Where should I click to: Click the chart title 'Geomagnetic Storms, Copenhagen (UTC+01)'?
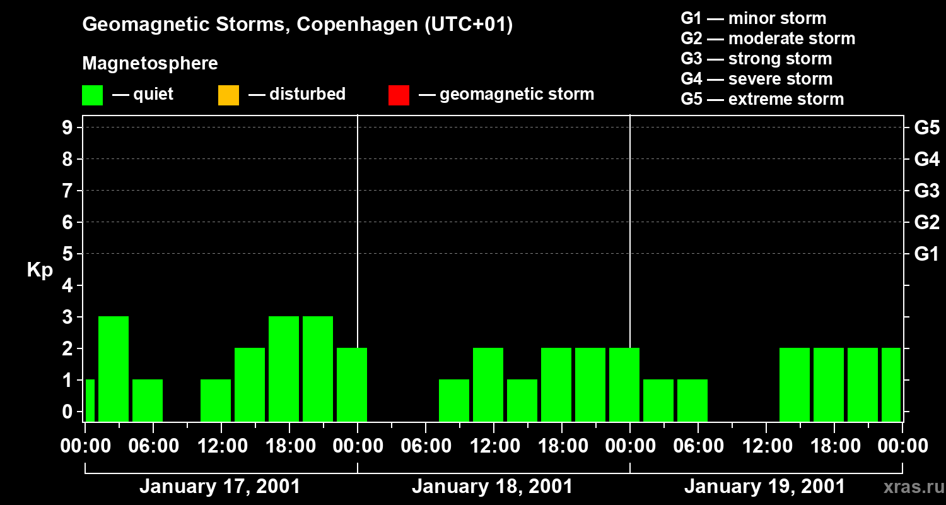point(297,25)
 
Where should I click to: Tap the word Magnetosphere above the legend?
point(150,64)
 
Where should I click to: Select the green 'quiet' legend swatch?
point(92,95)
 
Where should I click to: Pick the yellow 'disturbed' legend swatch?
point(228,95)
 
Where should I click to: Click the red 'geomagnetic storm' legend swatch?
point(399,95)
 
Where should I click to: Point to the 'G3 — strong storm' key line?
point(756,59)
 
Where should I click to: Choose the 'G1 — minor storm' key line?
point(753,18)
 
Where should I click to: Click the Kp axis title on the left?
point(40,270)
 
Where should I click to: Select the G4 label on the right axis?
point(926,159)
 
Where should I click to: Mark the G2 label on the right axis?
point(926,222)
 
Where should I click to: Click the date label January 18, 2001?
point(492,487)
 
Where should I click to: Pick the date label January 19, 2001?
point(764,487)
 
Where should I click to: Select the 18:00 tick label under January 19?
point(834,446)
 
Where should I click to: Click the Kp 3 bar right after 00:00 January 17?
point(114,369)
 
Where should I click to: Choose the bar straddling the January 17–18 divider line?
point(352,384)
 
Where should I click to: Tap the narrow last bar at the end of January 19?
point(891,384)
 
